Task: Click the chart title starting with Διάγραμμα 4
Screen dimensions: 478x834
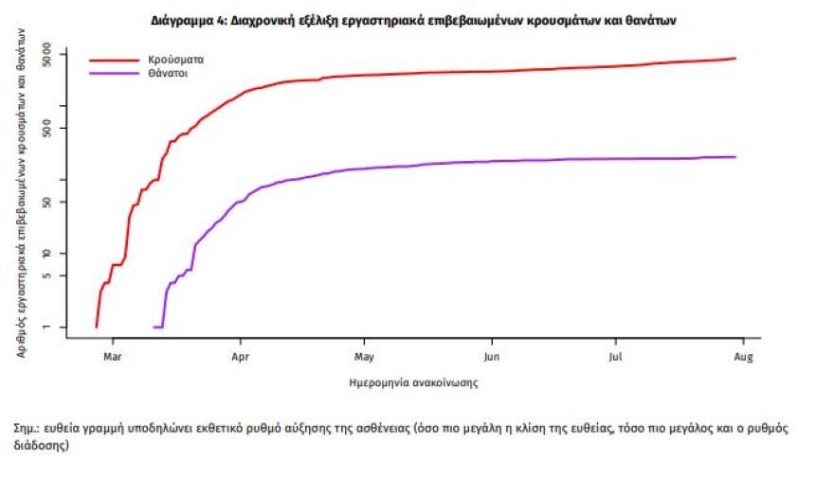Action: (x=413, y=19)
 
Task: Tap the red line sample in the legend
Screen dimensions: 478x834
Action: (x=115, y=60)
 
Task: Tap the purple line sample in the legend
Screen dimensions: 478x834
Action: (x=115, y=72)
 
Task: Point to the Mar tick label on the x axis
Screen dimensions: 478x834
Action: (x=113, y=357)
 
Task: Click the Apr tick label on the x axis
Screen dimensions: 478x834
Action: (x=240, y=357)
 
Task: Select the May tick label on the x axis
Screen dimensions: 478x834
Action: (x=364, y=357)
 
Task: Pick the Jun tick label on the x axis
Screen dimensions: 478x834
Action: (x=491, y=357)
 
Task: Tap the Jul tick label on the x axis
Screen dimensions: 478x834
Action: (x=616, y=357)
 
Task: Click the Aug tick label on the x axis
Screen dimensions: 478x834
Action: (x=743, y=357)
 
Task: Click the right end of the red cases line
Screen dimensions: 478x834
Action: (x=735, y=59)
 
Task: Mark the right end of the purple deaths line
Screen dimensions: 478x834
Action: (x=735, y=157)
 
